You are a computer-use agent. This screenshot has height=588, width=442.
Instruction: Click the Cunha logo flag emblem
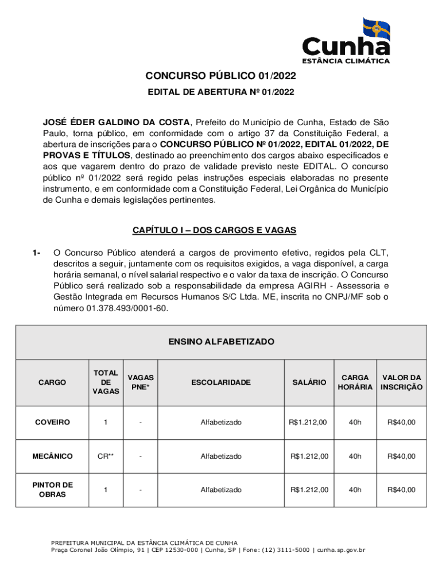[376, 29]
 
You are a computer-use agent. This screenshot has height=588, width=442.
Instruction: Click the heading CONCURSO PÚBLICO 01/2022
[220, 76]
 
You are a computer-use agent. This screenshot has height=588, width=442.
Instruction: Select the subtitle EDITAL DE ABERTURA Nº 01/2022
[220, 91]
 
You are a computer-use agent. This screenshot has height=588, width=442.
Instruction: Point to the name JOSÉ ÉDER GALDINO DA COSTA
[117, 122]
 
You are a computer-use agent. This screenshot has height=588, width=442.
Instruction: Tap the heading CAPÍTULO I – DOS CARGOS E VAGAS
[220, 230]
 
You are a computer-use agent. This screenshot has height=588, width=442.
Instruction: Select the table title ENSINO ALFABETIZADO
[221, 342]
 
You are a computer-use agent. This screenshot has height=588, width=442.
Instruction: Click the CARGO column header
[52, 382]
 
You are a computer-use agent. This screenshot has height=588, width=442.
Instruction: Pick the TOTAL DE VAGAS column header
[106, 382]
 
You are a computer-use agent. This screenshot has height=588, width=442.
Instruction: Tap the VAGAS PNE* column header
[140, 382]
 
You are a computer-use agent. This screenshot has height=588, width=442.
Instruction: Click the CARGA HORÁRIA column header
[355, 382]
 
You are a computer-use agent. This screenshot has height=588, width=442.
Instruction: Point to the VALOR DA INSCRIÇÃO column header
[401, 382]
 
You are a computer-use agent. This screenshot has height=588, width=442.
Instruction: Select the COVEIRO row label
[52, 423]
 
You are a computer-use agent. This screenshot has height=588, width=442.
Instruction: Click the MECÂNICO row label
[52, 457]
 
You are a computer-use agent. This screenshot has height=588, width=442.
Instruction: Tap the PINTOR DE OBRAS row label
[52, 490]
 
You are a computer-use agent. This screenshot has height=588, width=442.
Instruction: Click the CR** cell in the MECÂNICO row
[106, 457]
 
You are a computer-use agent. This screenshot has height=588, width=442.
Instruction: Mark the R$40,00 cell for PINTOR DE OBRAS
[401, 490]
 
